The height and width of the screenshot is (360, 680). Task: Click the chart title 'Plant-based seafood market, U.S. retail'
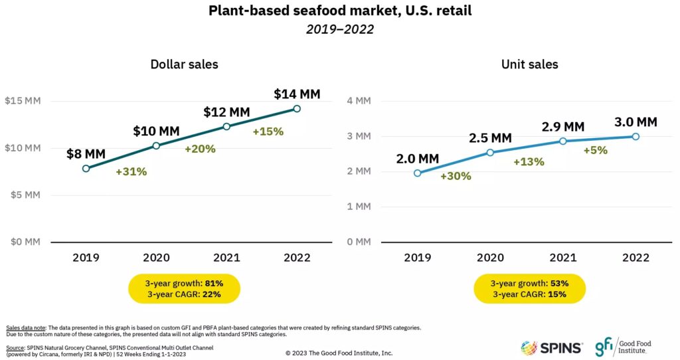339,11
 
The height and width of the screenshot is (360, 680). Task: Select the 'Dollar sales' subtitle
184,64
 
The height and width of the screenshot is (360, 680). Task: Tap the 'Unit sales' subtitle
529,64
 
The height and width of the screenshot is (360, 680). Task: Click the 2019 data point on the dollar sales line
86,169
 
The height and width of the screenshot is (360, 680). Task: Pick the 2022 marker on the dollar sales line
297,108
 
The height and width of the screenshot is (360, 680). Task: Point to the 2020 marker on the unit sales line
490,152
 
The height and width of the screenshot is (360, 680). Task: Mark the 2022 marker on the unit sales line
636,136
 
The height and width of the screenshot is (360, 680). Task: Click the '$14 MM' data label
297,94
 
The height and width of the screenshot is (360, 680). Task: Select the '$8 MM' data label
86,154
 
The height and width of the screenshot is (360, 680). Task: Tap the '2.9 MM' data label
562,126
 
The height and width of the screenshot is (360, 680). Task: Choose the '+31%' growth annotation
131,171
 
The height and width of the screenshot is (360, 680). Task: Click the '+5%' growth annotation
595,150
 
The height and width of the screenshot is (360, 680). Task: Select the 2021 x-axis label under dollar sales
226,258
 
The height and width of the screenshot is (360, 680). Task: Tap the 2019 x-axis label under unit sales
417,258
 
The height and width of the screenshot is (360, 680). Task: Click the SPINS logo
552,347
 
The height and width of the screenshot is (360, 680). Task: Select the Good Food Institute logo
623,347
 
